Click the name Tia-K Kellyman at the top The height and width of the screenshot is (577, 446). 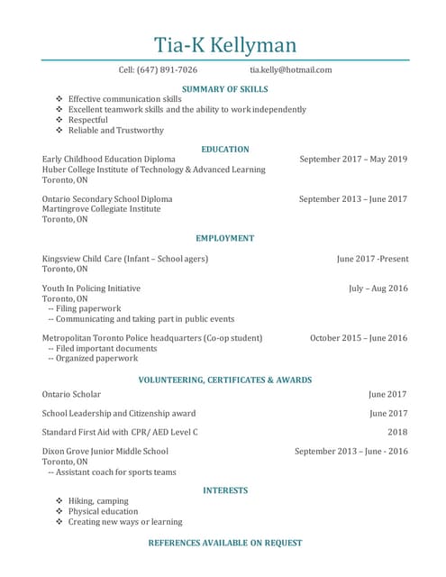224,44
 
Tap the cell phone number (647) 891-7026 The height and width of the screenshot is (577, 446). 168,70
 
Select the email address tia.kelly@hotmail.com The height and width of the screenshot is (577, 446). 290,70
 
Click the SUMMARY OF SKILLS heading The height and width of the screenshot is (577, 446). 224,89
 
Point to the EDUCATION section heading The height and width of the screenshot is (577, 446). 225,150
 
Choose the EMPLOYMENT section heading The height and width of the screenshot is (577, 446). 225,239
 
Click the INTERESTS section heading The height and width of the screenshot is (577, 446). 225,490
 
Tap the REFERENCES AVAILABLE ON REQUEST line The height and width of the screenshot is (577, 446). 225,544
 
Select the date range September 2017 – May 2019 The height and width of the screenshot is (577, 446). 353,160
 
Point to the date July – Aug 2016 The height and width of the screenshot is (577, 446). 378,288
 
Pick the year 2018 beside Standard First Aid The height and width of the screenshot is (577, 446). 397,433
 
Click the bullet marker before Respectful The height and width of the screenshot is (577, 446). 59,120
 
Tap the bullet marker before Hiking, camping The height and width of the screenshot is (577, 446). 59,501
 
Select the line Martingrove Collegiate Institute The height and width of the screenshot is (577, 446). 101,209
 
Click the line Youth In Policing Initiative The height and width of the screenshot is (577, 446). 91,288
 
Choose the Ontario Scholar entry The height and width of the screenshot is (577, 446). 71,395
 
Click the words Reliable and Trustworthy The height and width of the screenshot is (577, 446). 116,131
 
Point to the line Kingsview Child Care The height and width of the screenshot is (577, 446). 125,259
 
